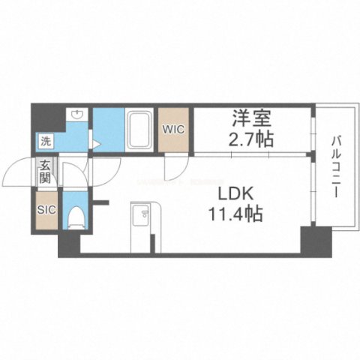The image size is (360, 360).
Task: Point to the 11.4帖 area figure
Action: pos(235,214)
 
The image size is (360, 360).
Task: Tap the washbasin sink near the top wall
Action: pos(76,115)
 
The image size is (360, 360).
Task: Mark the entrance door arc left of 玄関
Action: pos(20,175)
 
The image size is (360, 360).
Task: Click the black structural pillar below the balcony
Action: pos(316,240)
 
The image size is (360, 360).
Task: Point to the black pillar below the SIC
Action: pos(68,244)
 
